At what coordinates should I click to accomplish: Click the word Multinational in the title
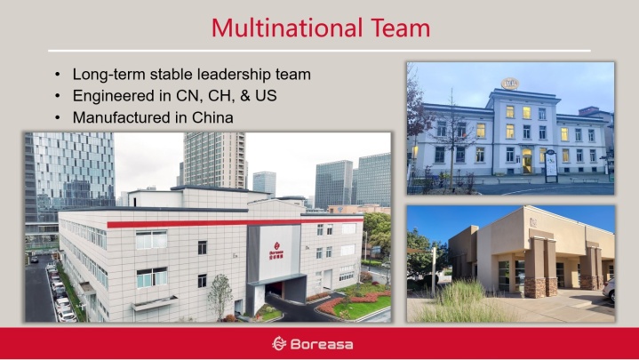tap(287, 28)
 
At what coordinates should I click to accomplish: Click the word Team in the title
tap(400, 28)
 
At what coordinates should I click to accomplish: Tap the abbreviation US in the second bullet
tap(266, 96)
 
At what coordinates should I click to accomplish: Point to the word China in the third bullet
tap(212, 117)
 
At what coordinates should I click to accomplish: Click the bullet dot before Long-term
tap(58, 75)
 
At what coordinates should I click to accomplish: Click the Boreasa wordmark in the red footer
tap(322, 345)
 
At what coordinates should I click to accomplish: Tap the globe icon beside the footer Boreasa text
tap(279, 344)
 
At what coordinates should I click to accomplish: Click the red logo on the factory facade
tap(276, 251)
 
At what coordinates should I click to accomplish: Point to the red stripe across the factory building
tap(235, 222)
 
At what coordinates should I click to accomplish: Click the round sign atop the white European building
tap(510, 84)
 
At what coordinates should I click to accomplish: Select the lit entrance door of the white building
tap(526, 161)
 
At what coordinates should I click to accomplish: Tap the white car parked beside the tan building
tap(609, 289)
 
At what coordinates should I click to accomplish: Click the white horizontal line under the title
tap(320, 51)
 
